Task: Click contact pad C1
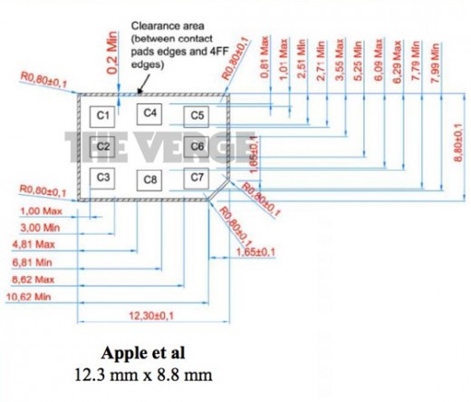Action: tap(102, 115)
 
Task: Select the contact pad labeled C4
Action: tap(150, 113)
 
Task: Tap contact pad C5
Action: tap(197, 115)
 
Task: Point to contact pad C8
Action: tap(150, 180)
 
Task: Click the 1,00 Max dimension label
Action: tap(34, 211)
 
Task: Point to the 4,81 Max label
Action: tap(32, 244)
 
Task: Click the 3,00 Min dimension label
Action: tap(34, 227)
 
